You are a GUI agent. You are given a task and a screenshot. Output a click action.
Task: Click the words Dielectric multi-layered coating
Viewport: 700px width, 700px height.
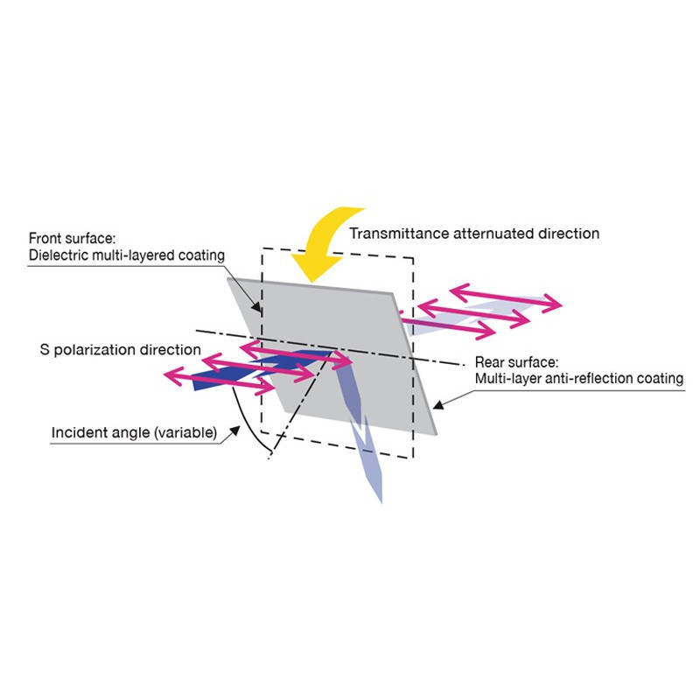(128, 255)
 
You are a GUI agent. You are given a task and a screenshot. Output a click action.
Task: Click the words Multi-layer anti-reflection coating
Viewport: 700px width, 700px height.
(578, 379)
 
